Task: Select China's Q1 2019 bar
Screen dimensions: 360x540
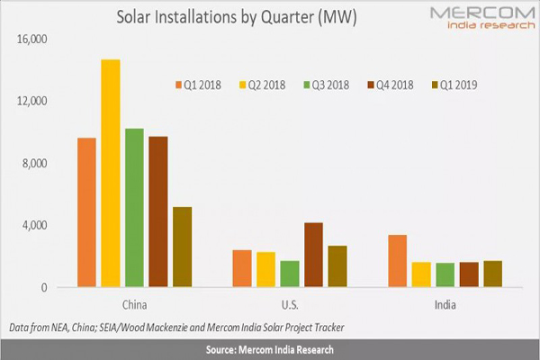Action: pyautogui.click(x=182, y=247)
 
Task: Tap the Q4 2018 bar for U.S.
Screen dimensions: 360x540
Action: pyautogui.click(x=313, y=255)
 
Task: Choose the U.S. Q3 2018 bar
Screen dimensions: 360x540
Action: pyautogui.click(x=290, y=274)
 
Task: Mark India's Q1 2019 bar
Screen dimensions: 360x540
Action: pyautogui.click(x=492, y=274)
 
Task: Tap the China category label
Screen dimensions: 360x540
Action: pyautogui.click(x=133, y=304)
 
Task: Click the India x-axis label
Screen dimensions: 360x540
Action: pyautogui.click(x=445, y=304)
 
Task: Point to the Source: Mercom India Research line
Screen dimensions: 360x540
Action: pyautogui.click(x=270, y=348)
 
